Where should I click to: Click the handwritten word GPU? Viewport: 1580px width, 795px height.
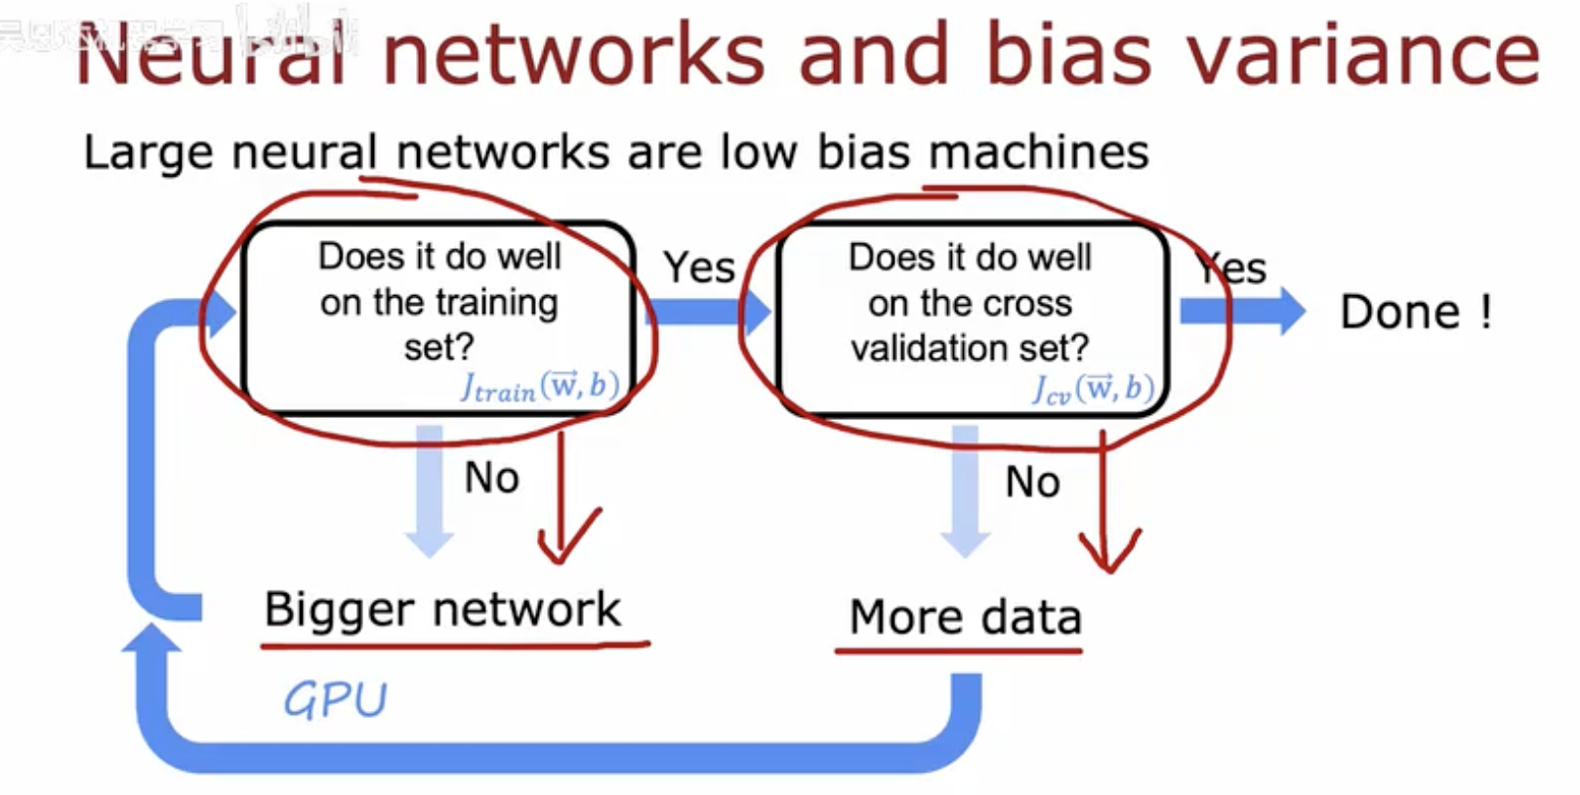coord(335,699)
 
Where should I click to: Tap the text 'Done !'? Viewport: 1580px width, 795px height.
coord(1415,313)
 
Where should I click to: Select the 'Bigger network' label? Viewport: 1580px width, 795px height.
coord(442,609)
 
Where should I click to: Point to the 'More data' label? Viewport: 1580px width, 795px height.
coord(965,617)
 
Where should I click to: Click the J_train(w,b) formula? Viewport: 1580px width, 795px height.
coord(540,387)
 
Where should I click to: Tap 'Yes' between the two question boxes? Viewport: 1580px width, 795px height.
coord(699,268)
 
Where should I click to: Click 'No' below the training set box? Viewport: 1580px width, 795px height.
coord(491,478)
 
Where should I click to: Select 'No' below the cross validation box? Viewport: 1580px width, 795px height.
coord(1032,481)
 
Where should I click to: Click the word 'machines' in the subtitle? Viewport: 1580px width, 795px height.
coord(1038,152)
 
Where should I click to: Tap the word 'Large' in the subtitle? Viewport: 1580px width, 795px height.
coord(147,153)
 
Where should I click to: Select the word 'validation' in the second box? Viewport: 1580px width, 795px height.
coord(916,348)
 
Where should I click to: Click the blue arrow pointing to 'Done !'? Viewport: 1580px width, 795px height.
coord(1242,311)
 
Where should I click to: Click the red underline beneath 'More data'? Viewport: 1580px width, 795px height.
coord(958,649)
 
